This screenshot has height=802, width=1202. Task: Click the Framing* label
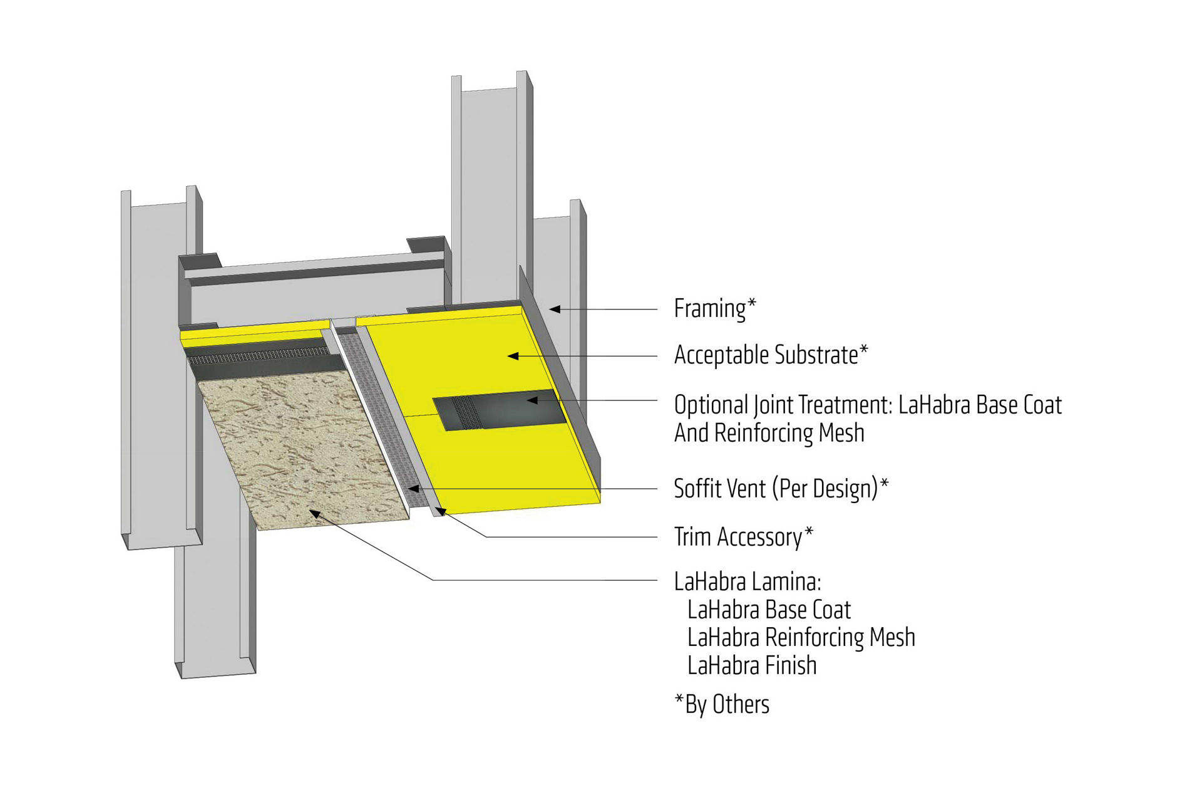(714, 309)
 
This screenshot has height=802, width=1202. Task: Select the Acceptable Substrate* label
(771, 355)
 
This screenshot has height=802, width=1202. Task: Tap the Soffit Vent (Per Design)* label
(781, 489)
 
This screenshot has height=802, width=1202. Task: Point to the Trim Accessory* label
(743, 538)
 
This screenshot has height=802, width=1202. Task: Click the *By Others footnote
(722, 705)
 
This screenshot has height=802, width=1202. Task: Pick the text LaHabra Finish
(752, 665)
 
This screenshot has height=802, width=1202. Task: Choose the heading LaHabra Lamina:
(747, 582)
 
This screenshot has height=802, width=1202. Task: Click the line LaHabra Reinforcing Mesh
(801, 638)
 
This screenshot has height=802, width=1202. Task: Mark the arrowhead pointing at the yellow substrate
(512, 356)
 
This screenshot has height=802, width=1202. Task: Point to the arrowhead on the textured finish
(315, 514)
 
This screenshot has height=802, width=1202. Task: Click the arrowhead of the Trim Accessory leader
(440, 511)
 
